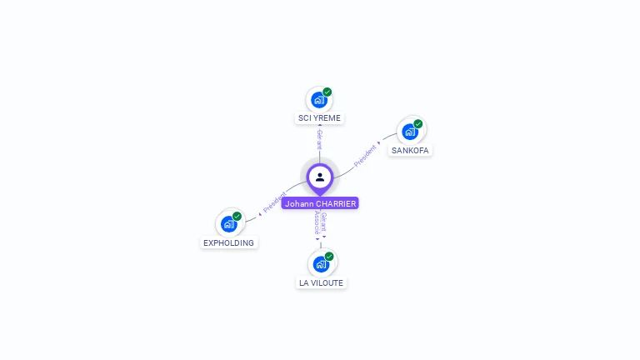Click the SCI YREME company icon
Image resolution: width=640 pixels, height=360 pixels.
coord(318,100)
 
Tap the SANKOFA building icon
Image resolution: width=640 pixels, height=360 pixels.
coord(409,132)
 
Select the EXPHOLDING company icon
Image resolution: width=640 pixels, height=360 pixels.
coord(228,223)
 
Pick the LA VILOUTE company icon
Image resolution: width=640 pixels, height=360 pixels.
coord(321,264)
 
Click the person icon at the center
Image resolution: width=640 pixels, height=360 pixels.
coord(320,177)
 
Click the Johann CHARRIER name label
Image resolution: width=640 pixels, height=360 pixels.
coord(320,203)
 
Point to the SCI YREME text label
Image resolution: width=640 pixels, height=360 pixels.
coord(320,118)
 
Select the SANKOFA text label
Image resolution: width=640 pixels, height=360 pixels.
coord(411,150)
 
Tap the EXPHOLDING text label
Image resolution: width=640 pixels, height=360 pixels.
coord(229,243)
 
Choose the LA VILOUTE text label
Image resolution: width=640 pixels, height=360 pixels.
coord(321,283)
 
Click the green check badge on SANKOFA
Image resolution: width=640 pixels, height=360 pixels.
coord(418,124)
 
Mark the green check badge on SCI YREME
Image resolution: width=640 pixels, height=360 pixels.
coord(327,92)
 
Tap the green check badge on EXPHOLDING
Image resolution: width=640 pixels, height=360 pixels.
coord(237,216)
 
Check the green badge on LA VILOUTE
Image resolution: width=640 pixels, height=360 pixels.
coord(329,256)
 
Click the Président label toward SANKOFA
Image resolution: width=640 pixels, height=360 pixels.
coord(366,156)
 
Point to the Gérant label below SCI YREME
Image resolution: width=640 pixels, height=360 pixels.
coord(319,139)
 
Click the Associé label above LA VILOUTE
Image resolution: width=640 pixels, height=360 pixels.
coord(317,223)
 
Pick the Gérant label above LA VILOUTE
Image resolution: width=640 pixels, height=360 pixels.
coord(324,222)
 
